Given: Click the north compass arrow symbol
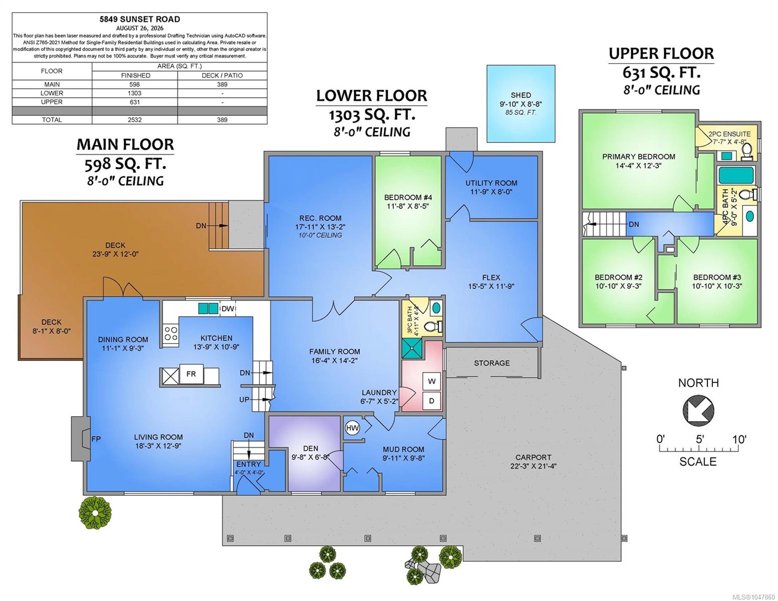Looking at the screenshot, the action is (x=698, y=410).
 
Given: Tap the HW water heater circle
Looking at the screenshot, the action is (x=352, y=428).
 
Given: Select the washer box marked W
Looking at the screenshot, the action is (x=432, y=382).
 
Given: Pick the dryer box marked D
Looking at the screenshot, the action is (x=432, y=401).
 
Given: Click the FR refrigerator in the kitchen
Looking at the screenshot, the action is (x=191, y=374).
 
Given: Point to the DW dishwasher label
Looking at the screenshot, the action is (x=227, y=309).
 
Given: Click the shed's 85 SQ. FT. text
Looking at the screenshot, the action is (x=521, y=113).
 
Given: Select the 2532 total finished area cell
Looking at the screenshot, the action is (x=135, y=120).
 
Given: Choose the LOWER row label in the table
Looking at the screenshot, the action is (x=52, y=93).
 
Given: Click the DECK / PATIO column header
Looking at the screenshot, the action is (x=222, y=76).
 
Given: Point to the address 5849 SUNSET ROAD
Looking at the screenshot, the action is (x=140, y=20).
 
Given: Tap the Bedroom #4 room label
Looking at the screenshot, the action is (x=408, y=197).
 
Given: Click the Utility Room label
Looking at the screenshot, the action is (x=491, y=183).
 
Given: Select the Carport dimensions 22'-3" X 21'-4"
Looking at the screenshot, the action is (x=534, y=466).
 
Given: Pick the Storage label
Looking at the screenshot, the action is (x=491, y=363).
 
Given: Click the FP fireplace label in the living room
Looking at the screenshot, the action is (x=96, y=439).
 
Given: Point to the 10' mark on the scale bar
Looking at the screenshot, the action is (x=739, y=439).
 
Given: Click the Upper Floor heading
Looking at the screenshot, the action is (x=661, y=53).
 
